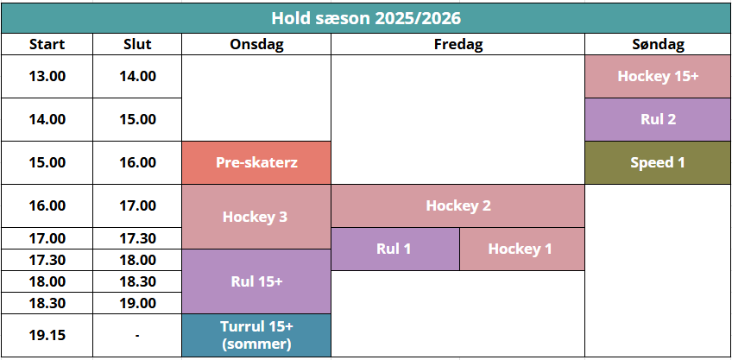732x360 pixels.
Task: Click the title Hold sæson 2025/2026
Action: click(x=366, y=18)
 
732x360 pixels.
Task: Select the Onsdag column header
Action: click(x=256, y=44)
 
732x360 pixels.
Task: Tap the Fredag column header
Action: click(x=458, y=44)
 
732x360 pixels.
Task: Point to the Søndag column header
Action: click(x=658, y=44)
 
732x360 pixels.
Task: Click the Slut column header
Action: click(x=137, y=44)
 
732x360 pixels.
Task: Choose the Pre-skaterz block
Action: click(x=256, y=163)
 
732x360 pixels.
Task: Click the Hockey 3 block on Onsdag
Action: click(x=256, y=217)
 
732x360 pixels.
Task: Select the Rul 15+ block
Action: click(x=256, y=281)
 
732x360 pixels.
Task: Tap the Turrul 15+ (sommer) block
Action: click(x=256, y=335)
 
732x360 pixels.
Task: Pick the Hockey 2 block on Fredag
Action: click(x=458, y=206)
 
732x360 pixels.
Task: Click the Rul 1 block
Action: click(x=395, y=249)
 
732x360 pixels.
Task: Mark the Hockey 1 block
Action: click(x=522, y=249)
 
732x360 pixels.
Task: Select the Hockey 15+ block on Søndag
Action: click(x=658, y=77)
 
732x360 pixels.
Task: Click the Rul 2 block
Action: click(x=658, y=119)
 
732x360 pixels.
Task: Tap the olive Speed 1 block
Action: click(x=658, y=163)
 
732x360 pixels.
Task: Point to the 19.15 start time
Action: click(x=47, y=335)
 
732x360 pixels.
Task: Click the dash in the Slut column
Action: click(x=137, y=335)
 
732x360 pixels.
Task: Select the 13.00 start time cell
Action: click(x=47, y=77)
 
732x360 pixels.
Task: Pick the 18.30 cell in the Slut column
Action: click(x=137, y=281)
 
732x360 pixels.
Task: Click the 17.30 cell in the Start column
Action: click(x=47, y=260)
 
